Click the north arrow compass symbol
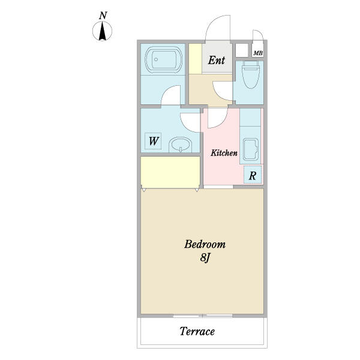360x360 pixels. click(x=102, y=31)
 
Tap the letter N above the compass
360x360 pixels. click(x=103, y=16)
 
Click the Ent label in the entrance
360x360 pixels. click(x=216, y=61)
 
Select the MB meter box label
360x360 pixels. click(x=258, y=53)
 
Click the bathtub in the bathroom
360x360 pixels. click(x=163, y=59)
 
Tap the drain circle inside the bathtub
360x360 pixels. click(x=156, y=59)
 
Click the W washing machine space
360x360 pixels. click(x=153, y=141)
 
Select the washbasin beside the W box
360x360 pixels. click(x=181, y=145)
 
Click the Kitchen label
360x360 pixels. click(x=224, y=153)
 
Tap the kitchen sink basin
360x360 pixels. click(x=250, y=149)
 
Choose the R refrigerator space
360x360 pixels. click(x=253, y=176)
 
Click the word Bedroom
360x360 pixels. click(x=205, y=244)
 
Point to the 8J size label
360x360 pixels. click(x=205, y=258)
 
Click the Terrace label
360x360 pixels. click(x=197, y=331)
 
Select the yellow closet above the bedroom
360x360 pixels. click(x=170, y=172)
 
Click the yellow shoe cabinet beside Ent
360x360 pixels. click(x=196, y=59)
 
